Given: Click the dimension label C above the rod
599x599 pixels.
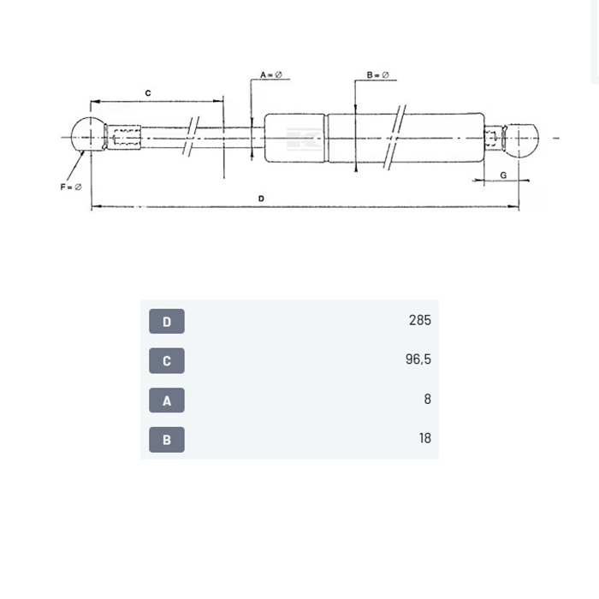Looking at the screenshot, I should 147,92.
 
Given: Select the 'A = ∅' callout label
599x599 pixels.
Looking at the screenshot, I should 271,75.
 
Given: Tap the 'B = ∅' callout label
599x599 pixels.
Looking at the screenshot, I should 377,75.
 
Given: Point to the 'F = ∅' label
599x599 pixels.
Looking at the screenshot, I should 71,187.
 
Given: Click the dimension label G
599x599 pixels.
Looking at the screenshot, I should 503,174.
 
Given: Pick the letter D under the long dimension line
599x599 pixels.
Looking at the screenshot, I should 261,199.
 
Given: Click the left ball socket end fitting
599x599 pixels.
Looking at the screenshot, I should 86,135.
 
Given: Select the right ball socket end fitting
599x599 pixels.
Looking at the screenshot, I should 522,139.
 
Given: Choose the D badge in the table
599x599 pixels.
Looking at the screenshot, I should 167,322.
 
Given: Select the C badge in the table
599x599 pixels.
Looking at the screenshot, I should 167,361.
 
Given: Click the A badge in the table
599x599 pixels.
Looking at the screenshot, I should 167,400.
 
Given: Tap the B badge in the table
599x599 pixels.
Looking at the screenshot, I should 167,440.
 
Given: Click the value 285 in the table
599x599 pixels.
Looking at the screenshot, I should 419,321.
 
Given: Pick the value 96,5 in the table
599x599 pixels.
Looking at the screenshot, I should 418,360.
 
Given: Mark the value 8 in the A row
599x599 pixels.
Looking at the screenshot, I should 427,399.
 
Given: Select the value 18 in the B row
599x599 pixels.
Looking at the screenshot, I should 424,438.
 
